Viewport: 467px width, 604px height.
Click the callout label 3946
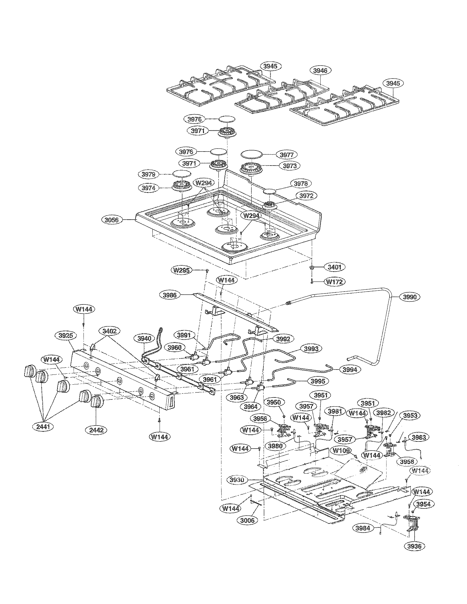tap(320, 71)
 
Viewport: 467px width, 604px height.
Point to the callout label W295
tap(182, 270)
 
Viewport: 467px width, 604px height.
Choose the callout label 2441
tap(43, 427)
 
